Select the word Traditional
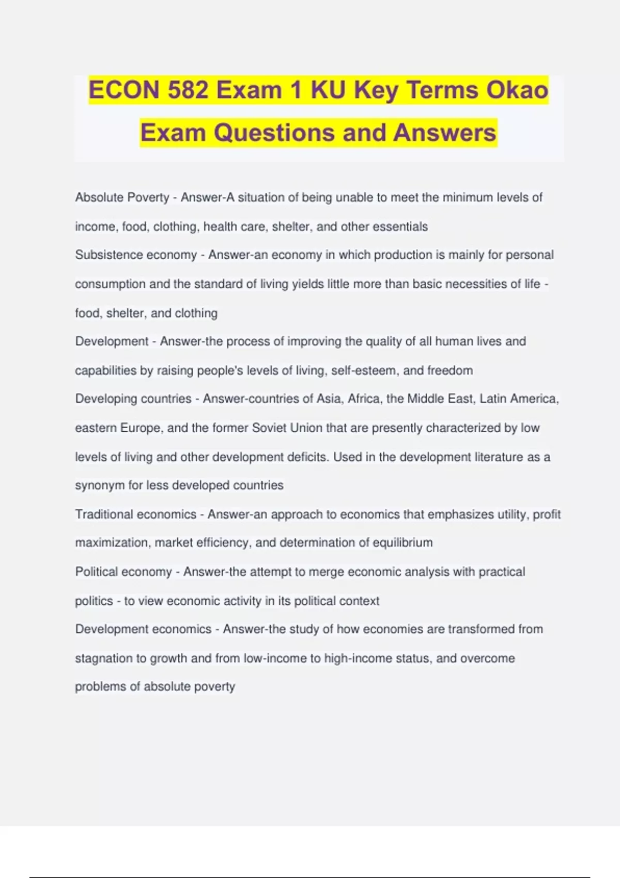107,514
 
